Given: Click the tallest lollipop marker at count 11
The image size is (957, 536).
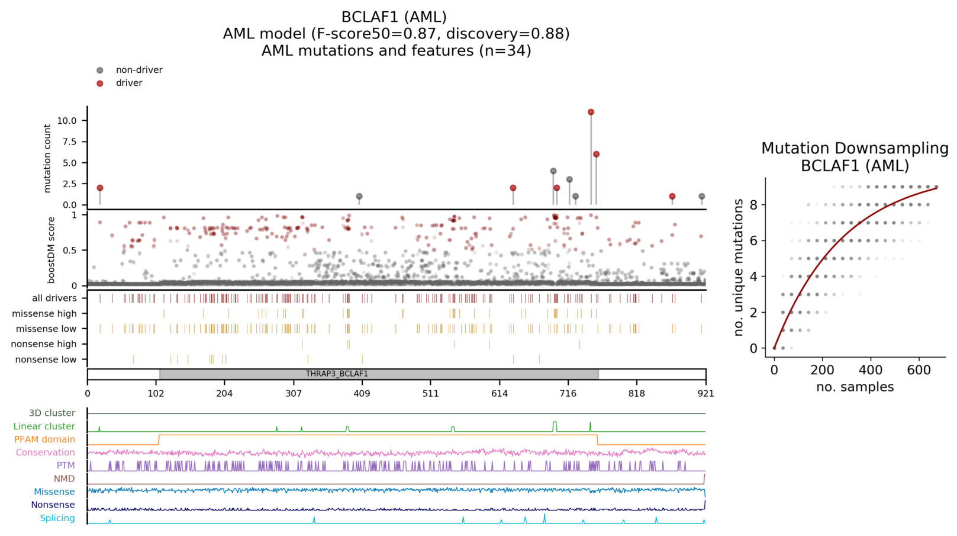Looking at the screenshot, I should click(x=591, y=112).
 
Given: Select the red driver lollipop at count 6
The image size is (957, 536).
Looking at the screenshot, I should click(x=596, y=154).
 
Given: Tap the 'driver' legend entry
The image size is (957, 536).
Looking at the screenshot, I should click(x=129, y=83).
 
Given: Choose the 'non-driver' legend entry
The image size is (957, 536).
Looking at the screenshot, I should click(x=138, y=70).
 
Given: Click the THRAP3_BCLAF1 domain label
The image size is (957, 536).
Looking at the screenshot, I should click(x=337, y=374).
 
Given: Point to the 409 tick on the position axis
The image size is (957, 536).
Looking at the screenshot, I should click(x=362, y=393).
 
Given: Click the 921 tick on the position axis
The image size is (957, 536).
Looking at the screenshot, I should click(x=705, y=393).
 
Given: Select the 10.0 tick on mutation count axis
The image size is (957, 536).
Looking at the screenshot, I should click(x=67, y=121).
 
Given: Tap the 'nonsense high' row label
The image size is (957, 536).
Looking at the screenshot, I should click(x=44, y=344).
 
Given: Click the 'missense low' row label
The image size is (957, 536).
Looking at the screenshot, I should click(x=46, y=329).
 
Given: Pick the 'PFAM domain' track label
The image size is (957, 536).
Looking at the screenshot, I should click(x=44, y=439).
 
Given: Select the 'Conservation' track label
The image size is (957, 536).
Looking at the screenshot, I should click(x=45, y=452).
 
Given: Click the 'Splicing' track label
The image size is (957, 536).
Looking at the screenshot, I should click(x=57, y=518).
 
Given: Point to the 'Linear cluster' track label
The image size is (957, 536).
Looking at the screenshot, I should click(x=44, y=426).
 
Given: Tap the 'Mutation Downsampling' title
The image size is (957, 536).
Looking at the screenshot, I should click(x=855, y=149).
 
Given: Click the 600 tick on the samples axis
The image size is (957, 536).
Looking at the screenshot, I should click(x=919, y=370).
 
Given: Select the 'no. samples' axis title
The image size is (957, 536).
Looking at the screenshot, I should click(x=855, y=387).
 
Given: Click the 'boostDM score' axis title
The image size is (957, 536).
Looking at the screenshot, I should click(x=51, y=250).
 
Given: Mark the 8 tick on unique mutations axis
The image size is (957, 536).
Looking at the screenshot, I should click(x=753, y=205).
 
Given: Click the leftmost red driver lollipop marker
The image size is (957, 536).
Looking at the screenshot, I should click(x=100, y=188).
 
